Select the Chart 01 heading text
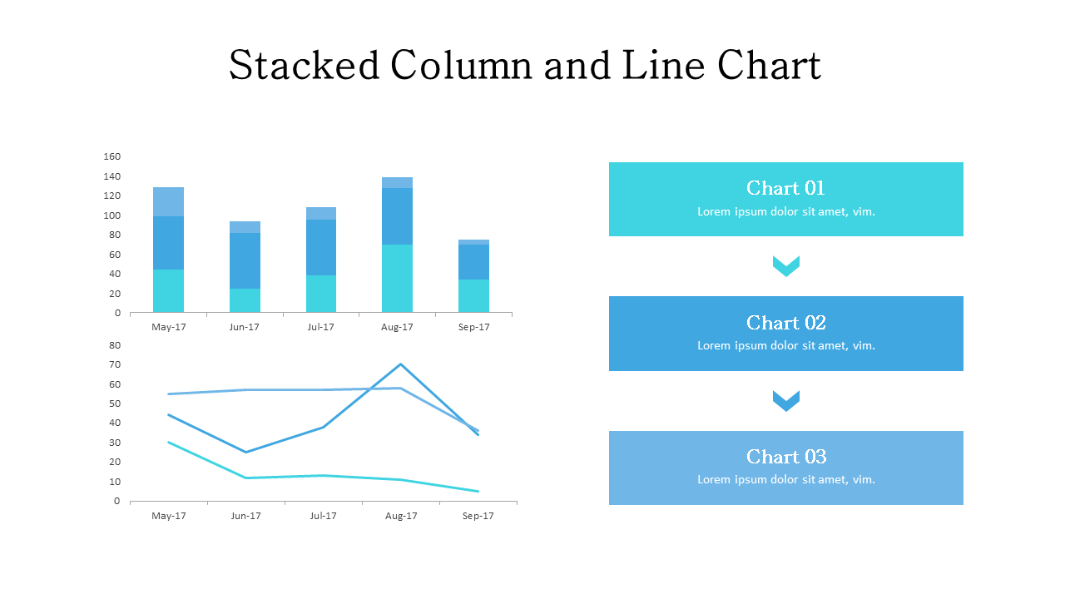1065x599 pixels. tap(785, 188)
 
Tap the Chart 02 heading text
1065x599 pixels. tap(785, 323)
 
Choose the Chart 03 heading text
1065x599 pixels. tap(785, 457)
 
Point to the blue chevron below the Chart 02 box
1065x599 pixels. tap(785, 401)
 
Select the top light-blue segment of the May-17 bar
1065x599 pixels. tap(168, 202)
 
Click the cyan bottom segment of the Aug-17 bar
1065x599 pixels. tap(397, 279)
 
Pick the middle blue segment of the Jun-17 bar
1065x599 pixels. tap(245, 260)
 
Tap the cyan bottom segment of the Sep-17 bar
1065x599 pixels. tap(473, 296)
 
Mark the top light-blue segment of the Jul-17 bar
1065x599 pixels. tap(321, 213)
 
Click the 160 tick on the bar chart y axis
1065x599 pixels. tap(112, 156)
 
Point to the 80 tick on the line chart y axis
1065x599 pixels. tap(115, 345)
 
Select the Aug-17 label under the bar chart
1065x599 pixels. tap(397, 327)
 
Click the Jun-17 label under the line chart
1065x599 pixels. tap(245, 516)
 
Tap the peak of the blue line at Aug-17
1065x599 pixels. tap(401, 364)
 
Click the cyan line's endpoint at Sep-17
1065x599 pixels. tap(478, 491)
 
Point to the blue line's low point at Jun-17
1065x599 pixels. tap(245, 452)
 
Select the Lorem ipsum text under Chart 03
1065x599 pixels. tap(785, 479)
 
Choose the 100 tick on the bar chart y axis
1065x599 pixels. tap(112, 215)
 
